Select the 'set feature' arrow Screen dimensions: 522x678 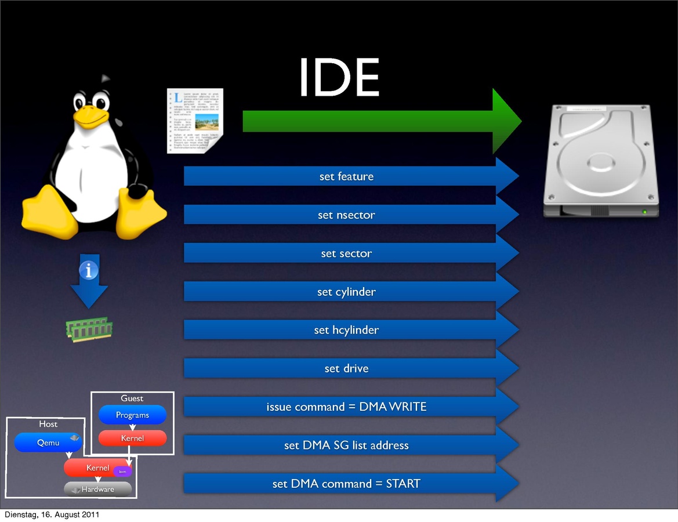[x=346, y=176]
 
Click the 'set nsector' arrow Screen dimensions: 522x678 [x=346, y=215]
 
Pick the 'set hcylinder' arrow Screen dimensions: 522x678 [x=346, y=330]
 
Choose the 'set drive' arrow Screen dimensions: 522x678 [x=346, y=368]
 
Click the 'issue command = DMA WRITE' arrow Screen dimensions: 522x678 [x=346, y=407]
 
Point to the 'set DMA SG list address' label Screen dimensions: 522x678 [x=346, y=445]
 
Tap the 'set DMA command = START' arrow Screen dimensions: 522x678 [x=346, y=484]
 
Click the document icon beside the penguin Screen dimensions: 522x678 [x=195, y=121]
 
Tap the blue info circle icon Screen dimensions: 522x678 [x=89, y=270]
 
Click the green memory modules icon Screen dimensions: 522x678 [x=89, y=329]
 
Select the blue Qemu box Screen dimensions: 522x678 [x=48, y=443]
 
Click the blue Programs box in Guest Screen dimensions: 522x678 [x=132, y=415]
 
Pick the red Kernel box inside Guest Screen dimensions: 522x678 [x=132, y=438]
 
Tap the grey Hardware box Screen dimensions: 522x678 [x=97, y=490]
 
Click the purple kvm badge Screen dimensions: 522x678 [x=122, y=472]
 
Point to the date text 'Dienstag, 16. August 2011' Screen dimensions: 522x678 [x=52, y=514]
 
